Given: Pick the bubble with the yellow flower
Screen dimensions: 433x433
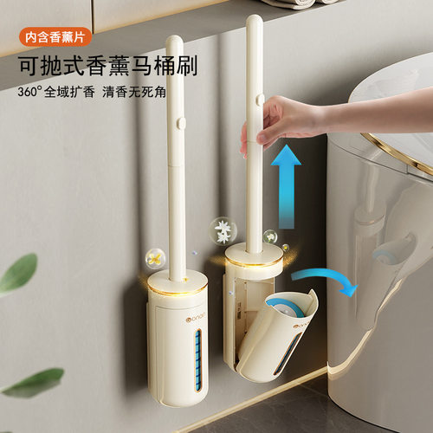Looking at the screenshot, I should coord(156,256).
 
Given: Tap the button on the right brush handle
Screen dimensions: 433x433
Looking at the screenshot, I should coord(258,100).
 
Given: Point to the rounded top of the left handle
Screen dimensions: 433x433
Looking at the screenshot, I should coord(174,43).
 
